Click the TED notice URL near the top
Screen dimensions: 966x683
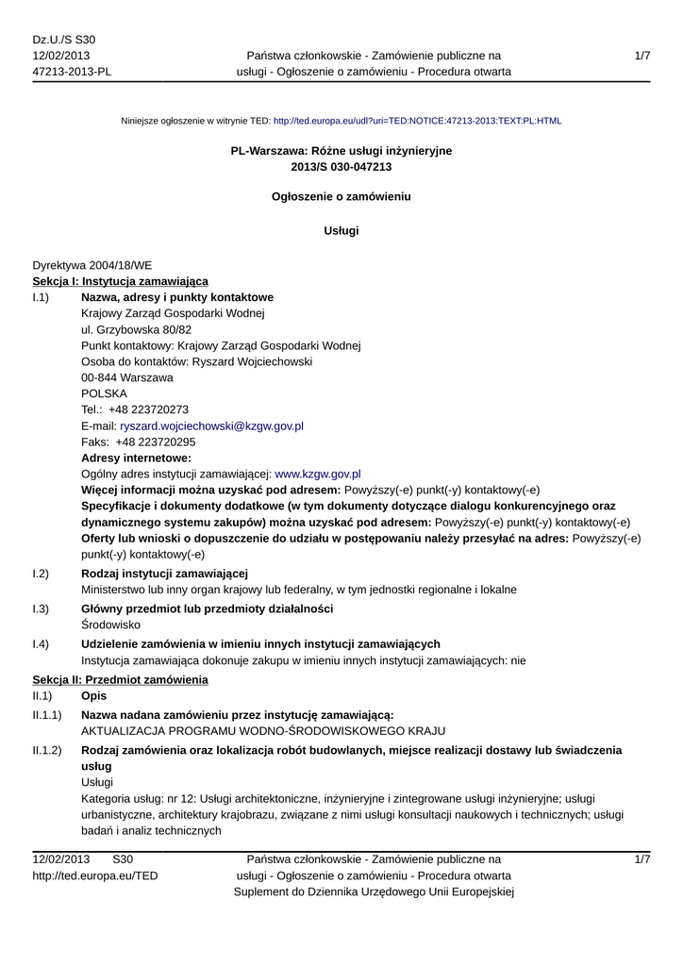click(x=417, y=121)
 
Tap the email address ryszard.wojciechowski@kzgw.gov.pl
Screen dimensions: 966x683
click(x=211, y=426)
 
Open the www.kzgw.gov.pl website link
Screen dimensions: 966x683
click(x=317, y=474)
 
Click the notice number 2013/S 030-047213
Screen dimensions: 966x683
click(x=341, y=167)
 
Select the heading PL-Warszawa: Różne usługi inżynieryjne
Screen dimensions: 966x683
click(x=341, y=151)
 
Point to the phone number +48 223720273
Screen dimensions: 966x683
click(x=148, y=409)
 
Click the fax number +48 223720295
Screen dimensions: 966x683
click(x=156, y=441)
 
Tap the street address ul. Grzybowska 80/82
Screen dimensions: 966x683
click(x=137, y=329)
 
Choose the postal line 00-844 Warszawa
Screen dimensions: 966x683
click(x=127, y=377)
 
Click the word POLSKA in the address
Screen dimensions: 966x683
click(x=104, y=393)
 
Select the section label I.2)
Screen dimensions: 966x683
click(x=41, y=574)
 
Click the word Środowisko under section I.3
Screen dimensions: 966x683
click(x=111, y=625)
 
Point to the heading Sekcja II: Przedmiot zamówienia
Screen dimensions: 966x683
click(x=120, y=680)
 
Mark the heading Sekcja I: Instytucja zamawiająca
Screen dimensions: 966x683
click(x=121, y=281)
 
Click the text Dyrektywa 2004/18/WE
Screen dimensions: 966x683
click(x=92, y=266)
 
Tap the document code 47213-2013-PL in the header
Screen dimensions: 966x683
click(x=72, y=72)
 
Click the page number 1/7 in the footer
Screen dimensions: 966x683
click(x=642, y=859)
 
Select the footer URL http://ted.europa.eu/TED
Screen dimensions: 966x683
click(x=95, y=875)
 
